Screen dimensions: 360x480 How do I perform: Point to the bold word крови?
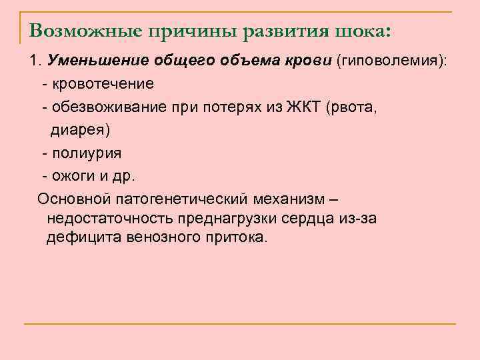point(309,62)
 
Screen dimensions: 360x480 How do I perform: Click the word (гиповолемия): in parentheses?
point(392,62)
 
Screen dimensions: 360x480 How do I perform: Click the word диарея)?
point(81,130)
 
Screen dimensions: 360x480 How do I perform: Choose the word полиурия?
point(86,153)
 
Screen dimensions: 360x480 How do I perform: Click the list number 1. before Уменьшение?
point(35,62)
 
